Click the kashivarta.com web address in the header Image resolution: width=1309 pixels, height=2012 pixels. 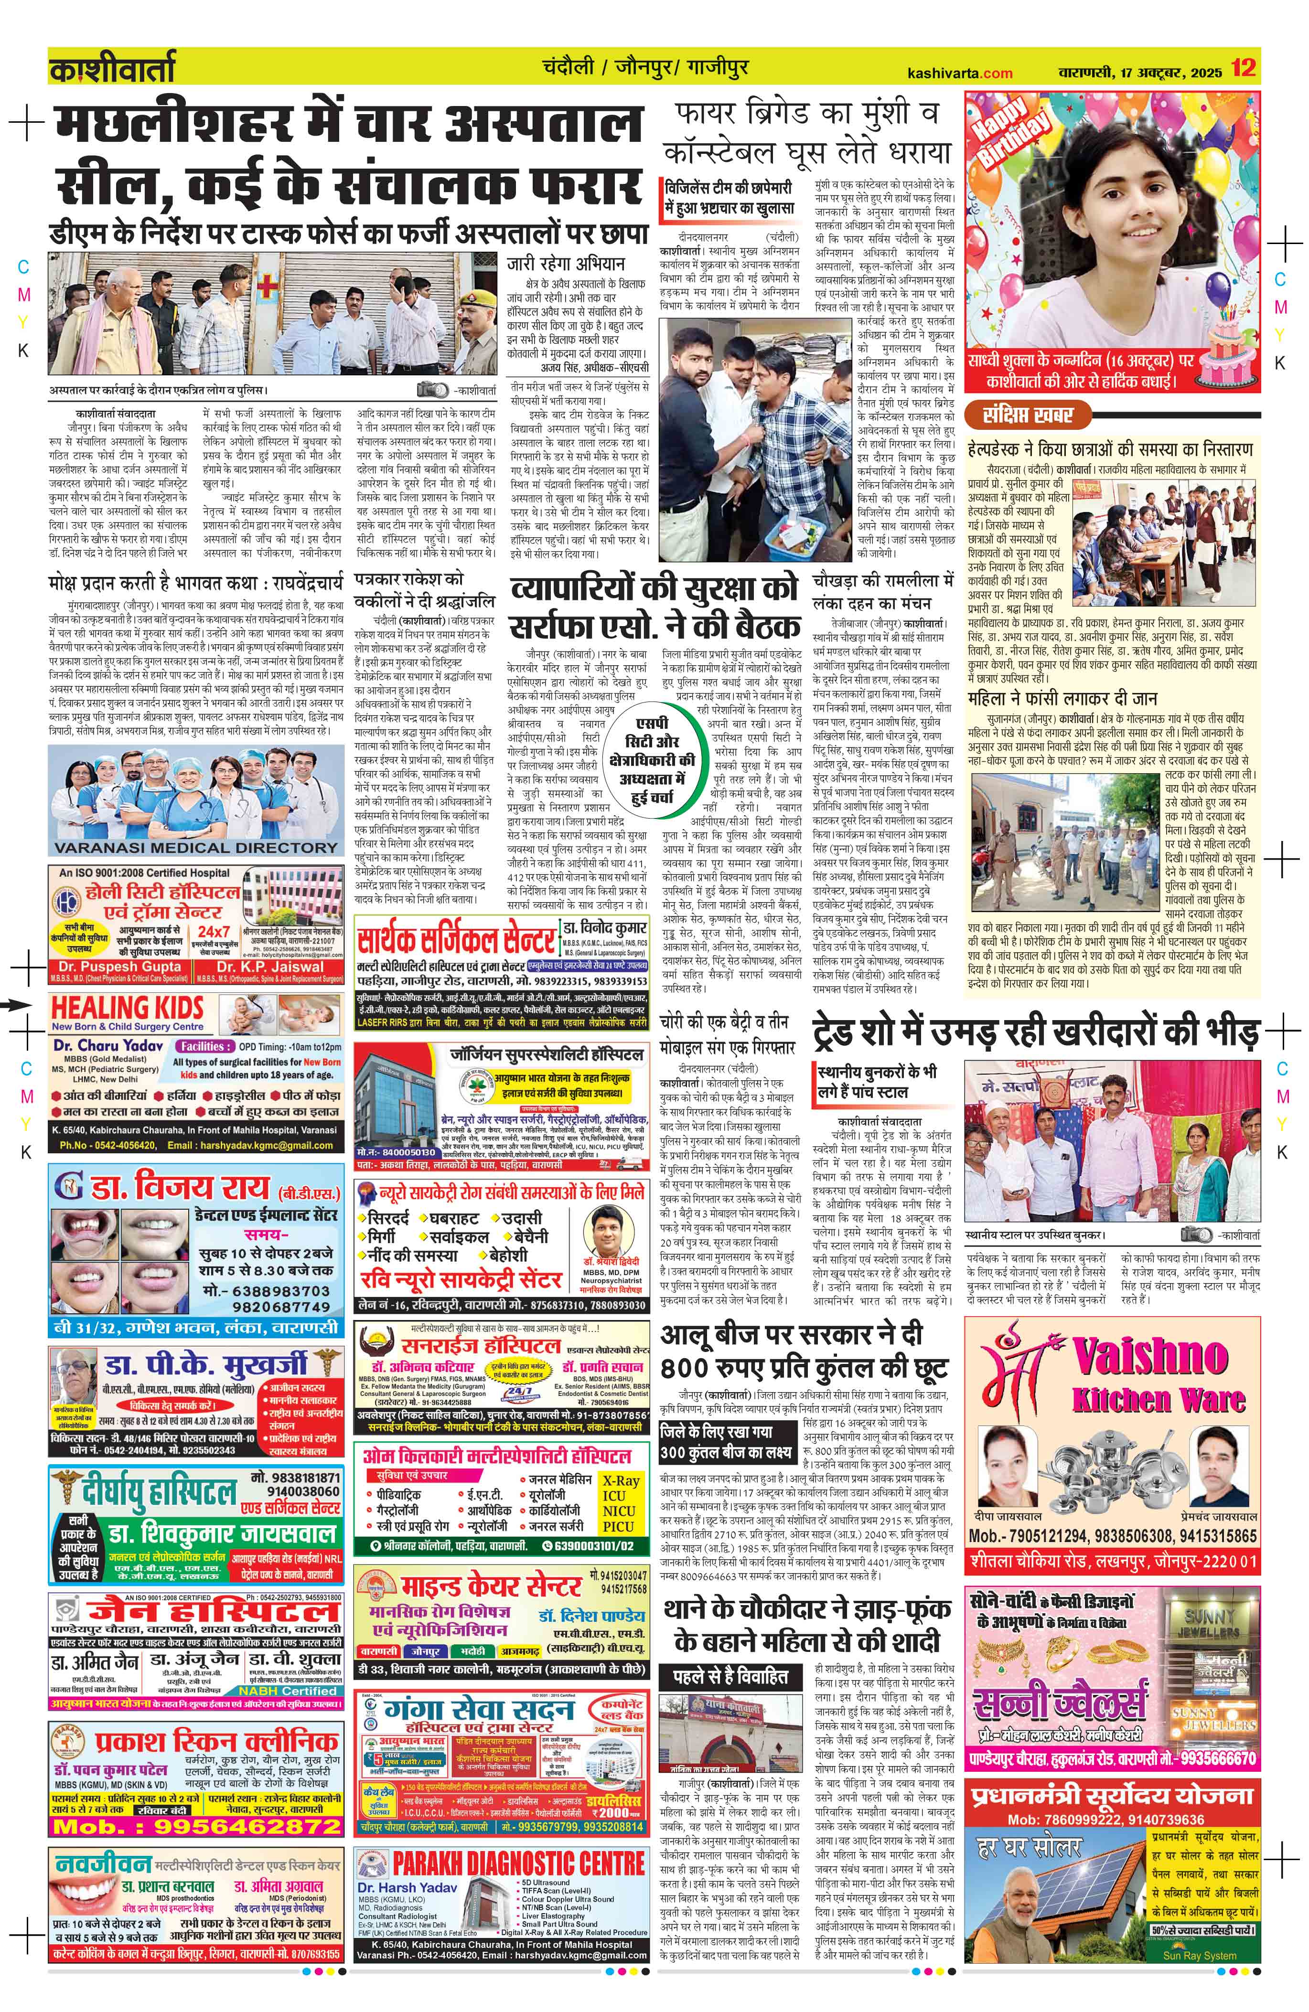tap(959, 73)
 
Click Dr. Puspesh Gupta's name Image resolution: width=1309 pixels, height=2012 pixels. tap(120, 966)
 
